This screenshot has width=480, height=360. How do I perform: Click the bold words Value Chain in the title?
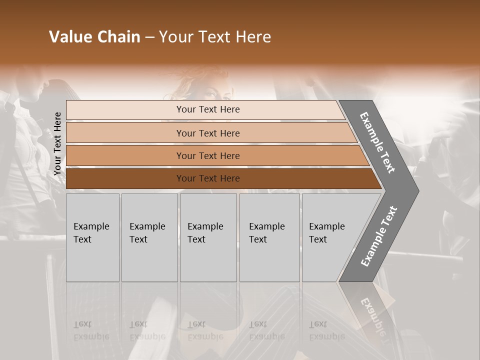94,37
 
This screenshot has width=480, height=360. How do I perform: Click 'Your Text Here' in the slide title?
215,37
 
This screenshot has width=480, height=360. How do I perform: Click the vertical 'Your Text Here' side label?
58,144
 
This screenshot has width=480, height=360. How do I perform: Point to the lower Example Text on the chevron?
379,236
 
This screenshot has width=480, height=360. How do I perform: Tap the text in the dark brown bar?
208,178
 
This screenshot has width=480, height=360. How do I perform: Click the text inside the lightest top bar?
208,109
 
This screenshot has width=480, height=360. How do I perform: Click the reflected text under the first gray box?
91,330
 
